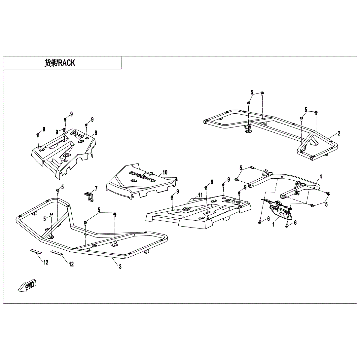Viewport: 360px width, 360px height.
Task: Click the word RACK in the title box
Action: click(x=67, y=63)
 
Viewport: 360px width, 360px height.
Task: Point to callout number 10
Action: click(x=165, y=172)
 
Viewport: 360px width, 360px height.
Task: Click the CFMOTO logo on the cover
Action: click(x=142, y=177)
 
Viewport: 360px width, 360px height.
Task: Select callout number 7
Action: click(x=96, y=189)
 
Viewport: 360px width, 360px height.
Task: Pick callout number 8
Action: click(x=95, y=133)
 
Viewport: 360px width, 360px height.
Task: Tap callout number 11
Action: click(x=200, y=195)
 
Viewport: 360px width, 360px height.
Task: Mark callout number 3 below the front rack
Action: click(x=120, y=267)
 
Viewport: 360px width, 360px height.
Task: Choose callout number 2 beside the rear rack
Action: click(x=339, y=134)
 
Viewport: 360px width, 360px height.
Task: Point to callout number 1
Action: click(x=273, y=224)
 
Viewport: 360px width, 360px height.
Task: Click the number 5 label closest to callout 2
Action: click(x=306, y=109)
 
